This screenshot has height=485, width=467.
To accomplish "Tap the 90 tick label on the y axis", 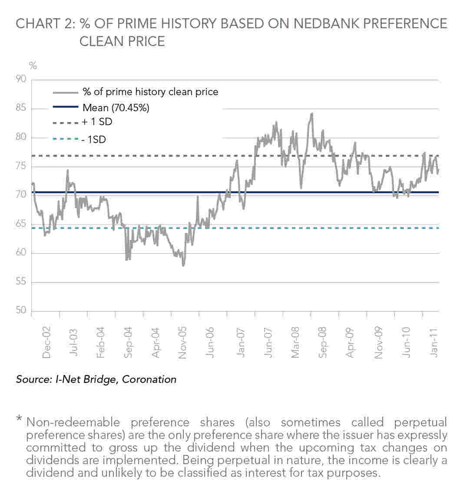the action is click(x=21, y=79).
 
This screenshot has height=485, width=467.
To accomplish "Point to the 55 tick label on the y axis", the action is click(x=21, y=281).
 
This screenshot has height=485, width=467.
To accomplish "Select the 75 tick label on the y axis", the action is click(x=21, y=166).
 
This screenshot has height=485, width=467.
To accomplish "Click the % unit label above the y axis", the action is click(x=33, y=66).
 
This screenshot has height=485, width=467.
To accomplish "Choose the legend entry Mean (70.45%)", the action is click(x=116, y=107).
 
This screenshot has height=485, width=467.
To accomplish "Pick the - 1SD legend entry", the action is click(x=94, y=140).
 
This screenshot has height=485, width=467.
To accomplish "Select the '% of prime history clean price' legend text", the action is click(x=150, y=92).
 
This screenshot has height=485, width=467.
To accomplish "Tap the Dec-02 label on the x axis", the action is click(x=46, y=342).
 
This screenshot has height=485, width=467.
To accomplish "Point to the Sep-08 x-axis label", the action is click(x=323, y=342).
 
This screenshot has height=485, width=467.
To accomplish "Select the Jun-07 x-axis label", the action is click(x=268, y=342).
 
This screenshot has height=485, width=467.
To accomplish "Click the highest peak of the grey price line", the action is click(x=312, y=113).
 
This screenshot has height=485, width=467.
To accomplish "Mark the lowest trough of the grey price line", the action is click(x=183, y=266).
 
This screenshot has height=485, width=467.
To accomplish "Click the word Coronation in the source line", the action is click(x=149, y=379).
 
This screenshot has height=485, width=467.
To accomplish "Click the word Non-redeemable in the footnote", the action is click(x=73, y=422).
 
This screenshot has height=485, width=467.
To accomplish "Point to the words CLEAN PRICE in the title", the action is click(x=122, y=41).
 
